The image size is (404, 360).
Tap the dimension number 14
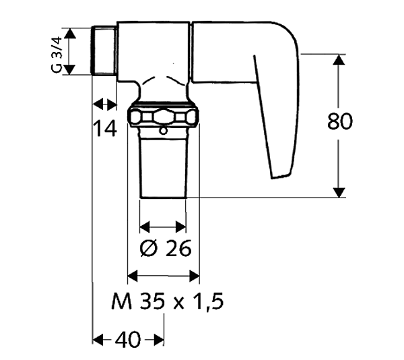point(106,127)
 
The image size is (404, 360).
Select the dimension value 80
point(341,122)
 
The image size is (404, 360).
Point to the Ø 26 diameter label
point(165,248)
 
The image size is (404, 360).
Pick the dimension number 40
point(128,340)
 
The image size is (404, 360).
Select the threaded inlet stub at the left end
point(103,51)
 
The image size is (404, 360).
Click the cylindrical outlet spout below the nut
point(164,165)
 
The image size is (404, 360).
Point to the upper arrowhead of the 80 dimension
point(341,59)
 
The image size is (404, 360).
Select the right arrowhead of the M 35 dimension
point(195,275)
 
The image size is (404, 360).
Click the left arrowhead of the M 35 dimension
point(133,275)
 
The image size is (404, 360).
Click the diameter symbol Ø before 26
point(148,249)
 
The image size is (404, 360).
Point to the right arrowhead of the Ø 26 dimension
point(181,227)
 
